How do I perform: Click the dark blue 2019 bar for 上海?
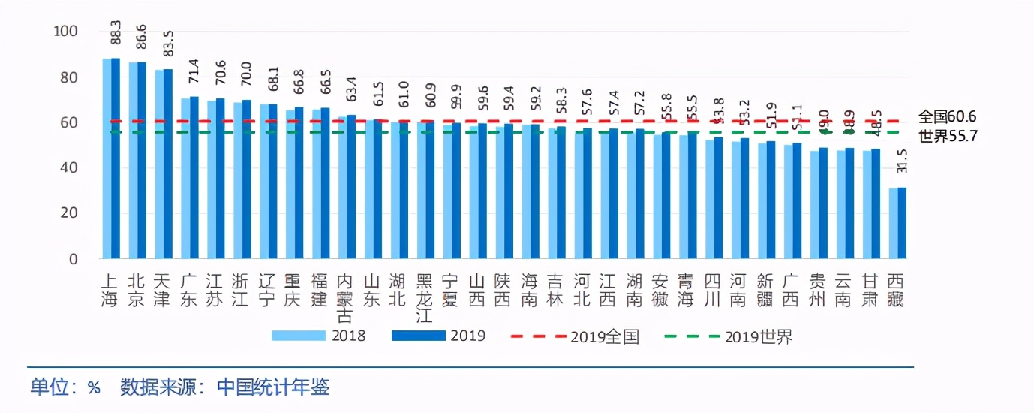[116, 158]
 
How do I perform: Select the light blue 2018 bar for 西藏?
[893, 223]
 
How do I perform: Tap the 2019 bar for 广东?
[194, 178]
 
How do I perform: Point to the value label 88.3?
[115, 38]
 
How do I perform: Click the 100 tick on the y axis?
[65, 32]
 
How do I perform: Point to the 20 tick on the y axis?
[69, 213]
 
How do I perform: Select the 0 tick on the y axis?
[73, 259]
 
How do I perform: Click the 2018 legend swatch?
[298, 336]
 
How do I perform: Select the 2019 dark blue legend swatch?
[418, 336]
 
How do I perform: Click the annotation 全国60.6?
[947, 116]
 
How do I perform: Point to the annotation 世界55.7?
[947, 136]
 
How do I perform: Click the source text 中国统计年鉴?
[273, 387]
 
